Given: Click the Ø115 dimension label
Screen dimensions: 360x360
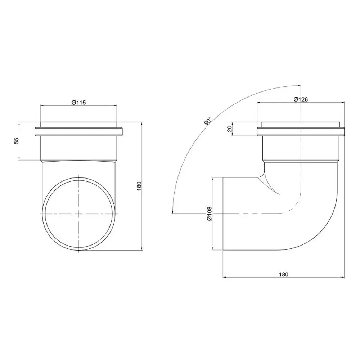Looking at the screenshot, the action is pos(78,102).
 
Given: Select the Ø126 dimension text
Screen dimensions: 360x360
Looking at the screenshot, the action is pos(301,99).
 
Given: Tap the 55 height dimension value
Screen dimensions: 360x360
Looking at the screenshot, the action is pos(16,141).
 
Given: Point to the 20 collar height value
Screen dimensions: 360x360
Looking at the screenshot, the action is pos(229,129).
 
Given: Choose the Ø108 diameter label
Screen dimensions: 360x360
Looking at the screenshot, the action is pos(209,213).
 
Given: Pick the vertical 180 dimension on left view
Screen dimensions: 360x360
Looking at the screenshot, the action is pos(139,186).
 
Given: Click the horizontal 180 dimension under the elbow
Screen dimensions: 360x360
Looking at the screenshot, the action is pos(284,274).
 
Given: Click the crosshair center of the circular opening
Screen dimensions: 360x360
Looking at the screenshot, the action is pos(79,213).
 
